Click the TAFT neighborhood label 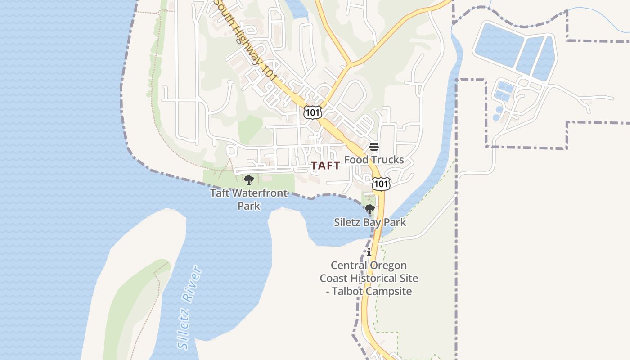pyautogui.click(x=326, y=166)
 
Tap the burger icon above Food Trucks pyautogui.click(x=374, y=147)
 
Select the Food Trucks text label pyautogui.click(x=374, y=160)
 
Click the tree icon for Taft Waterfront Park pyautogui.click(x=248, y=180)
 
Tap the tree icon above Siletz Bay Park pyautogui.click(x=369, y=209)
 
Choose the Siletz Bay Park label pyautogui.click(x=370, y=222)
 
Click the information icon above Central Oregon pyautogui.click(x=369, y=252)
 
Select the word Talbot pyautogui.click(x=347, y=291)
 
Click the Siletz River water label pyautogui.click(x=189, y=307)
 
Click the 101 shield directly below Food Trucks pyautogui.click(x=381, y=184)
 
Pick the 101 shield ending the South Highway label pyautogui.click(x=313, y=112)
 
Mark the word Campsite pyautogui.click(x=389, y=291)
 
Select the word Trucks pyautogui.click(x=388, y=160)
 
